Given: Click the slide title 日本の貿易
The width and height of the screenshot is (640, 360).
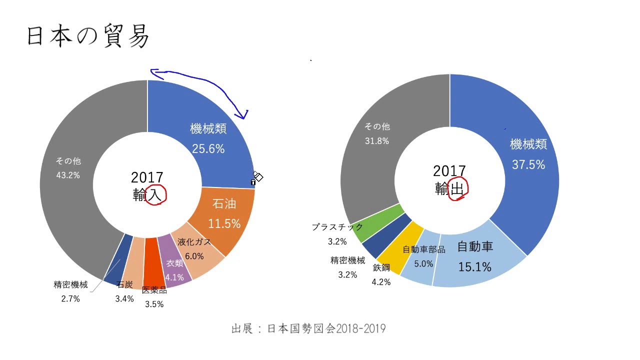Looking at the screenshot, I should coord(88,36).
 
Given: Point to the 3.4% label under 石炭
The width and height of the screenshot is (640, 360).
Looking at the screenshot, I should coord(124,299).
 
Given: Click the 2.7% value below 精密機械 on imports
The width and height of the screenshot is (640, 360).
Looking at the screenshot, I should coord(70,299).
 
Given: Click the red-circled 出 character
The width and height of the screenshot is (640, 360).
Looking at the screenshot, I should coord(457,188).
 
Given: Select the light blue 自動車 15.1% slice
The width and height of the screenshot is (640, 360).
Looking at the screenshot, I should coord(474,257).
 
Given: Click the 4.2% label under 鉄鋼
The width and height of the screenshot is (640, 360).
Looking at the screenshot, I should coord(381,282).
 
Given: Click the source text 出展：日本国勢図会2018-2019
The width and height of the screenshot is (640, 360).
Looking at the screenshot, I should coord(308,328).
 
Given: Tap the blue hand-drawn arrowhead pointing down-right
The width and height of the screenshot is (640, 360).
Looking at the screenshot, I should coord(244,116).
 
